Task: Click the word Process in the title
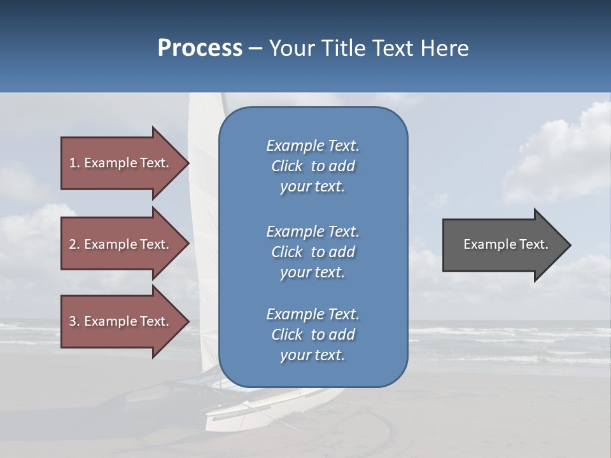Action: coord(200,48)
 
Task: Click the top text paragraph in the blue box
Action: coord(313,166)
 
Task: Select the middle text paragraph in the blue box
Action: coord(313,251)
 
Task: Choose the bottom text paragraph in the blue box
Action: coord(313,335)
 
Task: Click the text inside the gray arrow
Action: coord(505,244)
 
